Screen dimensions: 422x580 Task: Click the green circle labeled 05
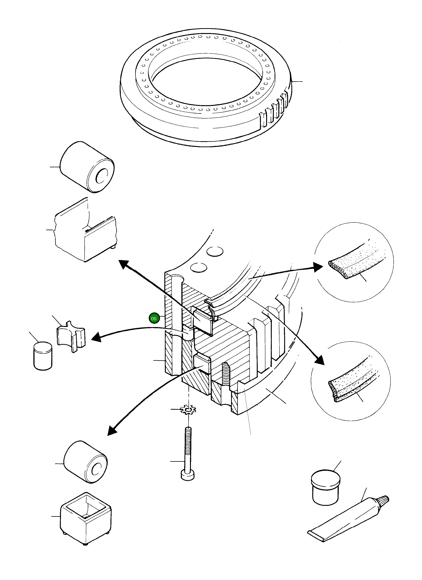pyautogui.click(x=154, y=318)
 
